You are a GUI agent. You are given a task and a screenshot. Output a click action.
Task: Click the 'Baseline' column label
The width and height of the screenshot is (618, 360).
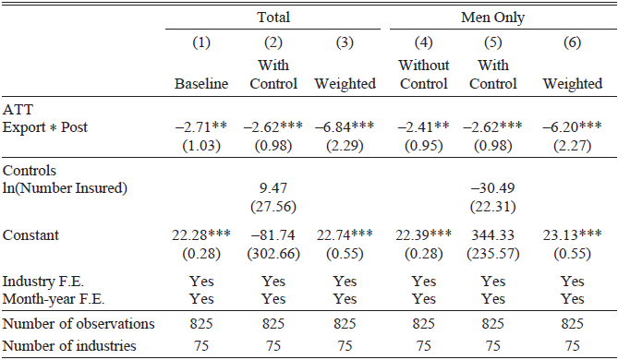point(201,84)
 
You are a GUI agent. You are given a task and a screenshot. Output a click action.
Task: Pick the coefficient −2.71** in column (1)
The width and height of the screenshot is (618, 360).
point(202,127)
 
